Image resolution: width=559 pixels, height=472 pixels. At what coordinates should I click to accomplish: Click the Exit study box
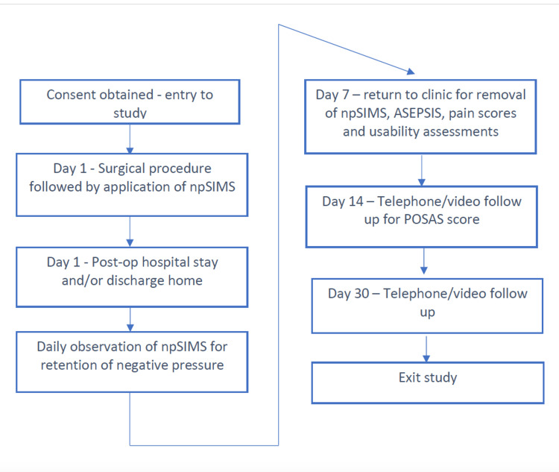pos(428,383)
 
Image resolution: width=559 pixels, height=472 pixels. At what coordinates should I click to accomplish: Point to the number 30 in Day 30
pos(361,294)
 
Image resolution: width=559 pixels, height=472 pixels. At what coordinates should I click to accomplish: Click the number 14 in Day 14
pos(356,201)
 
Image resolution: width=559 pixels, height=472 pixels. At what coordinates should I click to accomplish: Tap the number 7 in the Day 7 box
pos(346,95)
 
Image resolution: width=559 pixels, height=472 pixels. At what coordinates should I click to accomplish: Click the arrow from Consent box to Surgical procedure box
pos(130,139)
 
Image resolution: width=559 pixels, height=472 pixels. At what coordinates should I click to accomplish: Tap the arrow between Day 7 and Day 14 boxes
pos(422,170)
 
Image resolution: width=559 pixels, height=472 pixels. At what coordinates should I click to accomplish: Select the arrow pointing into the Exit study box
pos(426,349)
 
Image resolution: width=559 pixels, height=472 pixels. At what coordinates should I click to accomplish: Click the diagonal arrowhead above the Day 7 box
pos(411,72)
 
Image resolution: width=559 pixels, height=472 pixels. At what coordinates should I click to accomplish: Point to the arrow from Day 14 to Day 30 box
pos(424,261)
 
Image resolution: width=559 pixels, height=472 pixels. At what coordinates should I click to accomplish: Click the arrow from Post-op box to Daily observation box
pos(130,319)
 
